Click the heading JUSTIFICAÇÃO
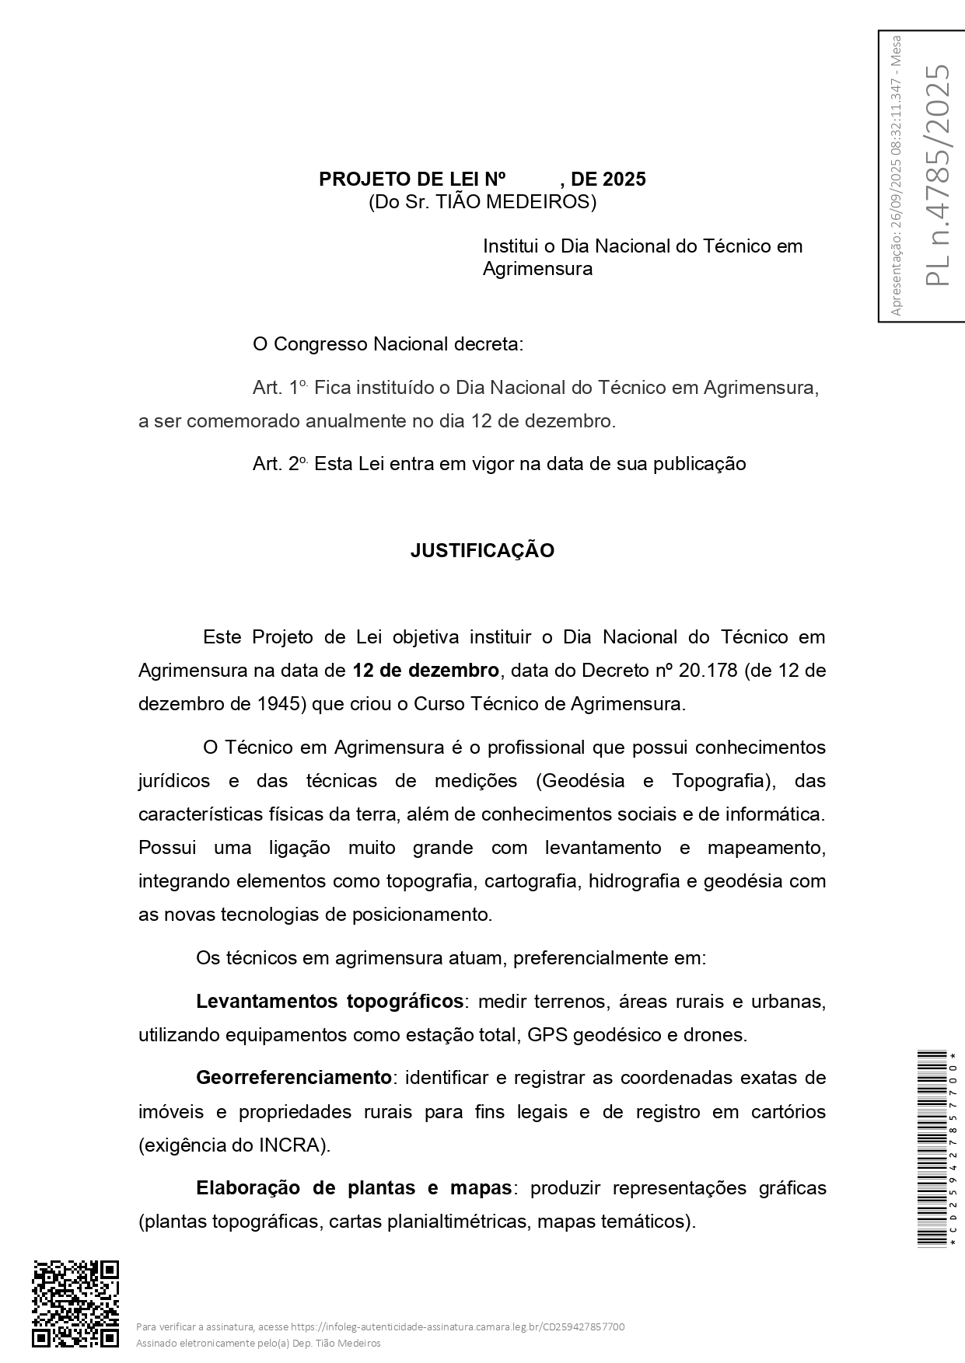[482, 551]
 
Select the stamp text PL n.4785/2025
[938, 175]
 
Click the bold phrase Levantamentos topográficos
[330, 1002]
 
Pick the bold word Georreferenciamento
[294, 1078]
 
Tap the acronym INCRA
[296, 1145]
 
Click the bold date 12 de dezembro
[425, 671]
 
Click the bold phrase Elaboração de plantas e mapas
[354, 1188]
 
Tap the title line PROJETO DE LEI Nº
[412, 180]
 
